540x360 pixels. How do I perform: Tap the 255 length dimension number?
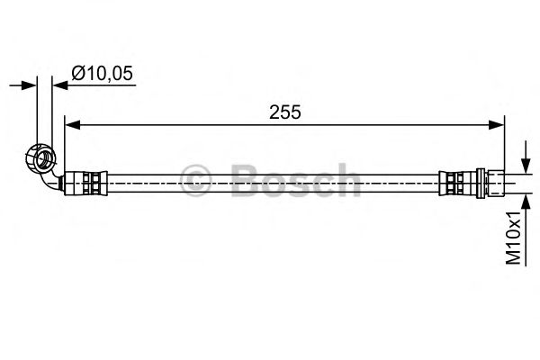click(284, 112)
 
